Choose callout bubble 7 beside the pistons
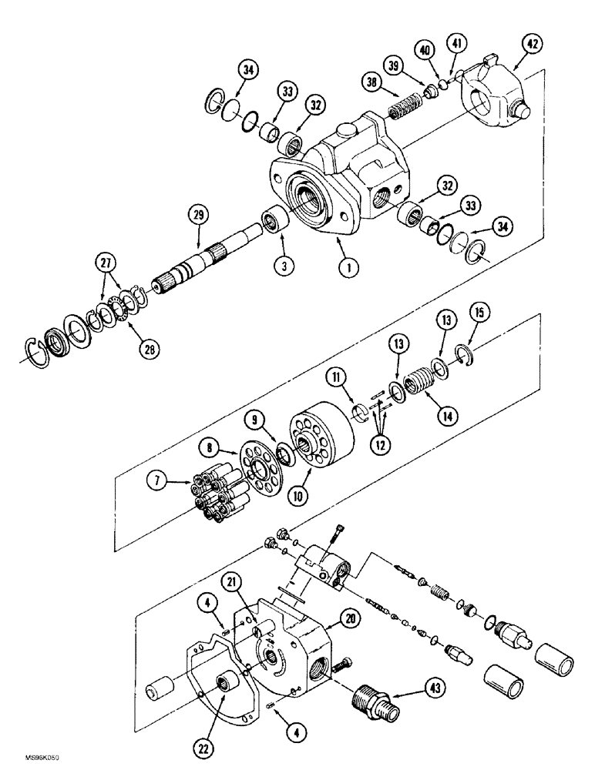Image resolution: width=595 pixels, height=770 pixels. pos(159,483)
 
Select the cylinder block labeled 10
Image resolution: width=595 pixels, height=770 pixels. pos(319,439)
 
